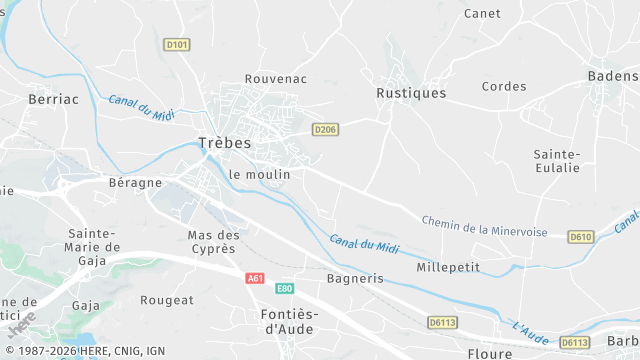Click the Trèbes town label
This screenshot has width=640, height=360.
(224, 143)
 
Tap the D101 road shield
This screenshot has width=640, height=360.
(176, 44)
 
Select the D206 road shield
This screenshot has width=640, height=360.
(325, 129)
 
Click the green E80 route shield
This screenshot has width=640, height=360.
(284, 288)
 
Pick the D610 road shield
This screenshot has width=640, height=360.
(580, 236)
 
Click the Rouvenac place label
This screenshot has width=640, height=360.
(276, 78)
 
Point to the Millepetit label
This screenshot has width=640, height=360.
(447, 268)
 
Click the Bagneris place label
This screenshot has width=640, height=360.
(355, 278)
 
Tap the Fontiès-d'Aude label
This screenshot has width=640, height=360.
(288, 321)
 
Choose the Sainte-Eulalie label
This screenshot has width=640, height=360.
(557, 160)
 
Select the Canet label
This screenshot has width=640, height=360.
(483, 13)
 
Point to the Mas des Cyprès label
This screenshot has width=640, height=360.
(211, 241)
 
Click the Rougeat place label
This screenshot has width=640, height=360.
(167, 300)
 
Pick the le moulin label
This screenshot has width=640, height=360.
(259, 174)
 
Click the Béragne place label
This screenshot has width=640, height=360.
(135, 183)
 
